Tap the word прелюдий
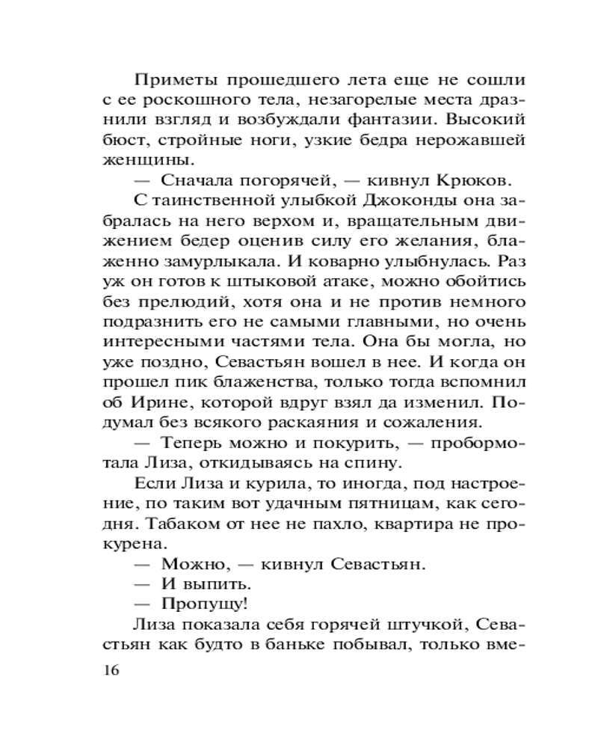pyautogui.click(x=176, y=301)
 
